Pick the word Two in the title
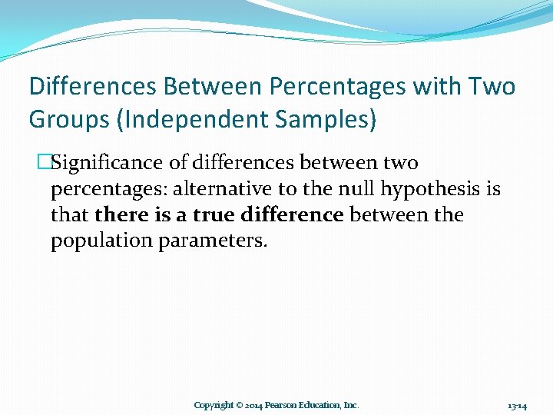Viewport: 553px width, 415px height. coord(492,86)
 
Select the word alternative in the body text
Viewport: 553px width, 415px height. coord(229,189)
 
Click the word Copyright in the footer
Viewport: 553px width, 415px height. coord(214,405)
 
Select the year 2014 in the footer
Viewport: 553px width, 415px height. coord(256,405)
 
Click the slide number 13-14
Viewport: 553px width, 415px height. coord(517,405)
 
